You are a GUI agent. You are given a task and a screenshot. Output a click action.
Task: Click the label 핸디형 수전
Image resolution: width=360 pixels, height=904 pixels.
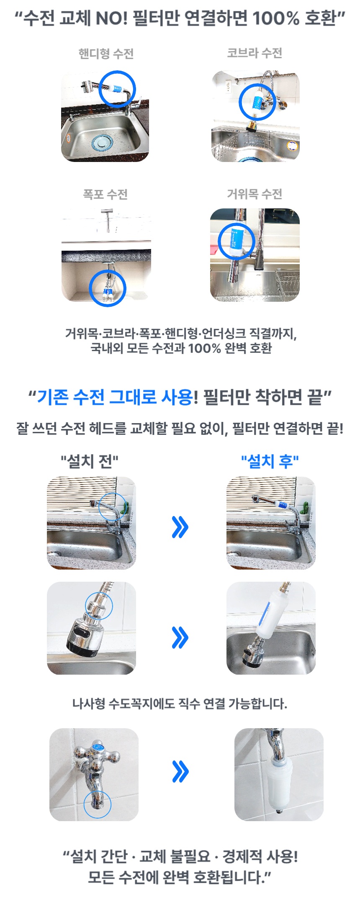(x=105, y=54)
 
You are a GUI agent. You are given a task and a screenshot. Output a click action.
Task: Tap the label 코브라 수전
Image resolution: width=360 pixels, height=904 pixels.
(x=255, y=53)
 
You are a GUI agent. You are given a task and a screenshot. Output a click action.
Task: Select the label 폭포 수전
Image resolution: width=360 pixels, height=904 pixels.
(x=105, y=194)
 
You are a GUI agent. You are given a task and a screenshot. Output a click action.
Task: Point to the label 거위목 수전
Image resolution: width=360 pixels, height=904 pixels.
(x=255, y=194)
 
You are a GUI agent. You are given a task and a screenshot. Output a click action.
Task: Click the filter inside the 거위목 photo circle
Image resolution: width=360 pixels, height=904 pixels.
(x=236, y=241)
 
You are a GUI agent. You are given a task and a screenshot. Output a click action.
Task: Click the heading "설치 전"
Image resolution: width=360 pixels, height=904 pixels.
(x=90, y=461)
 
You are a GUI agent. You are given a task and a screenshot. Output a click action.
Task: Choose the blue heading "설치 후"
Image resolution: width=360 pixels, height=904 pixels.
(x=270, y=461)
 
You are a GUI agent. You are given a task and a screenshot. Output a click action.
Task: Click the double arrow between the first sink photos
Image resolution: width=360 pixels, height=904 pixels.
(x=180, y=527)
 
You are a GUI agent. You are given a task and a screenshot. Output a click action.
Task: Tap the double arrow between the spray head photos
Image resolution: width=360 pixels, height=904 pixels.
(x=180, y=637)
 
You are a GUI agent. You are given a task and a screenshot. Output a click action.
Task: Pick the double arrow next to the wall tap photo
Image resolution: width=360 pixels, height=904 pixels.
(x=180, y=771)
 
